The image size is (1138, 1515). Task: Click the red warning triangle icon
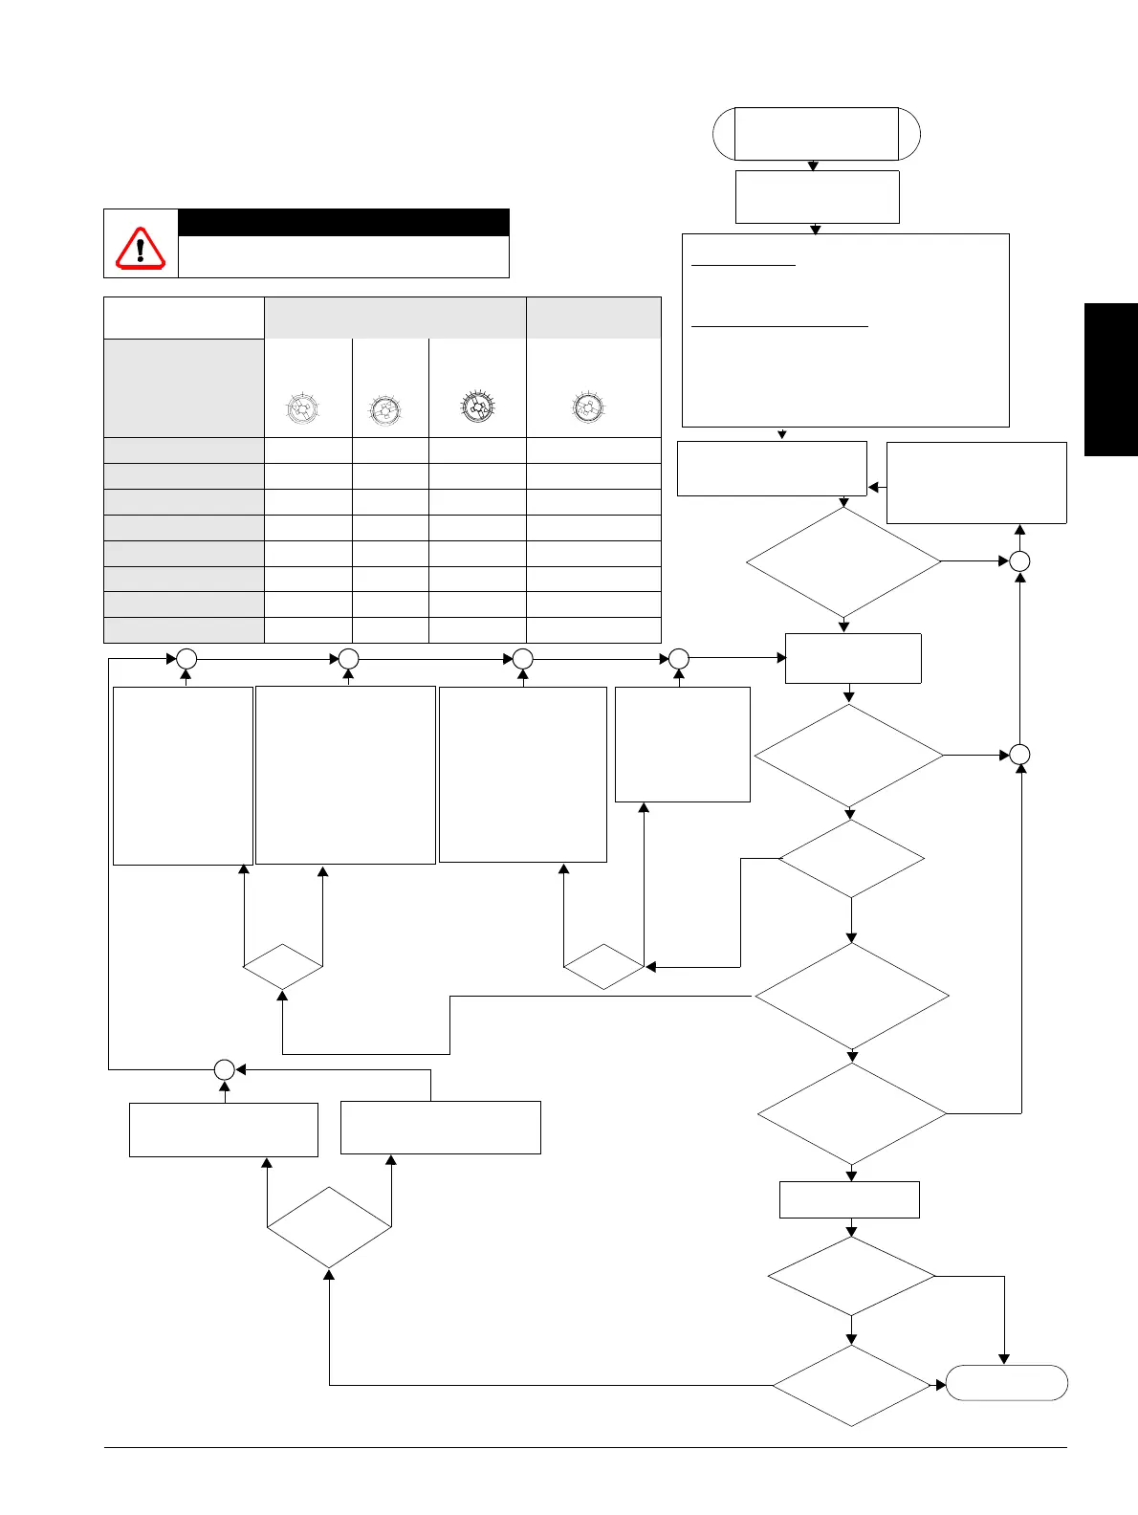pyautogui.click(x=141, y=248)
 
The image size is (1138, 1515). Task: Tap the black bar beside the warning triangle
pyautogui.click(x=343, y=222)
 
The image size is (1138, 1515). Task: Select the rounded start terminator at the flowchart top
pyautogui.click(x=817, y=133)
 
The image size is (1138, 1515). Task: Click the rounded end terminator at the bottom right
pyautogui.click(x=1006, y=1383)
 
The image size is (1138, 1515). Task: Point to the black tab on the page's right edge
pyautogui.click(x=1110, y=380)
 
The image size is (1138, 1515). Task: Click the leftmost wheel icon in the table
pyautogui.click(x=301, y=409)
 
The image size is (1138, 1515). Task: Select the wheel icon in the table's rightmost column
pyautogui.click(x=586, y=407)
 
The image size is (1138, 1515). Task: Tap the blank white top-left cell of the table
pyautogui.click(x=184, y=318)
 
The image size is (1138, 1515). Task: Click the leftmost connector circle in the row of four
pyautogui.click(x=186, y=659)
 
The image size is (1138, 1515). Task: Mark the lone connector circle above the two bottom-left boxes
pyautogui.click(x=224, y=1070)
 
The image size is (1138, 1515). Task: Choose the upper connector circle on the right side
pyautogui.click(x=1020, y=561)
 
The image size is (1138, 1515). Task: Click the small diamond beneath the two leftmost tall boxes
pyautogui.click(x=283, y=967)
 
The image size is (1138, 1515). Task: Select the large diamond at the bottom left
pyautogui.click(x=329, y=1228)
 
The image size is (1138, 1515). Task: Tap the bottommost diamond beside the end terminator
pyautogui.click(x=851, y=1386)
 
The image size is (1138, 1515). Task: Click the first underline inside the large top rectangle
pyautogui.click(x=743, y=265)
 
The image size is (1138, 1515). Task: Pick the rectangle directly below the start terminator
pyautogui.click(x=817, y=196)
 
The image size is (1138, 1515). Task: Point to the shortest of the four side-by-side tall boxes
pyautogui.click(x=682, y=744)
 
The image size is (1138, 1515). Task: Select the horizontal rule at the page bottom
pyautogui.click(x=585, y=1447)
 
